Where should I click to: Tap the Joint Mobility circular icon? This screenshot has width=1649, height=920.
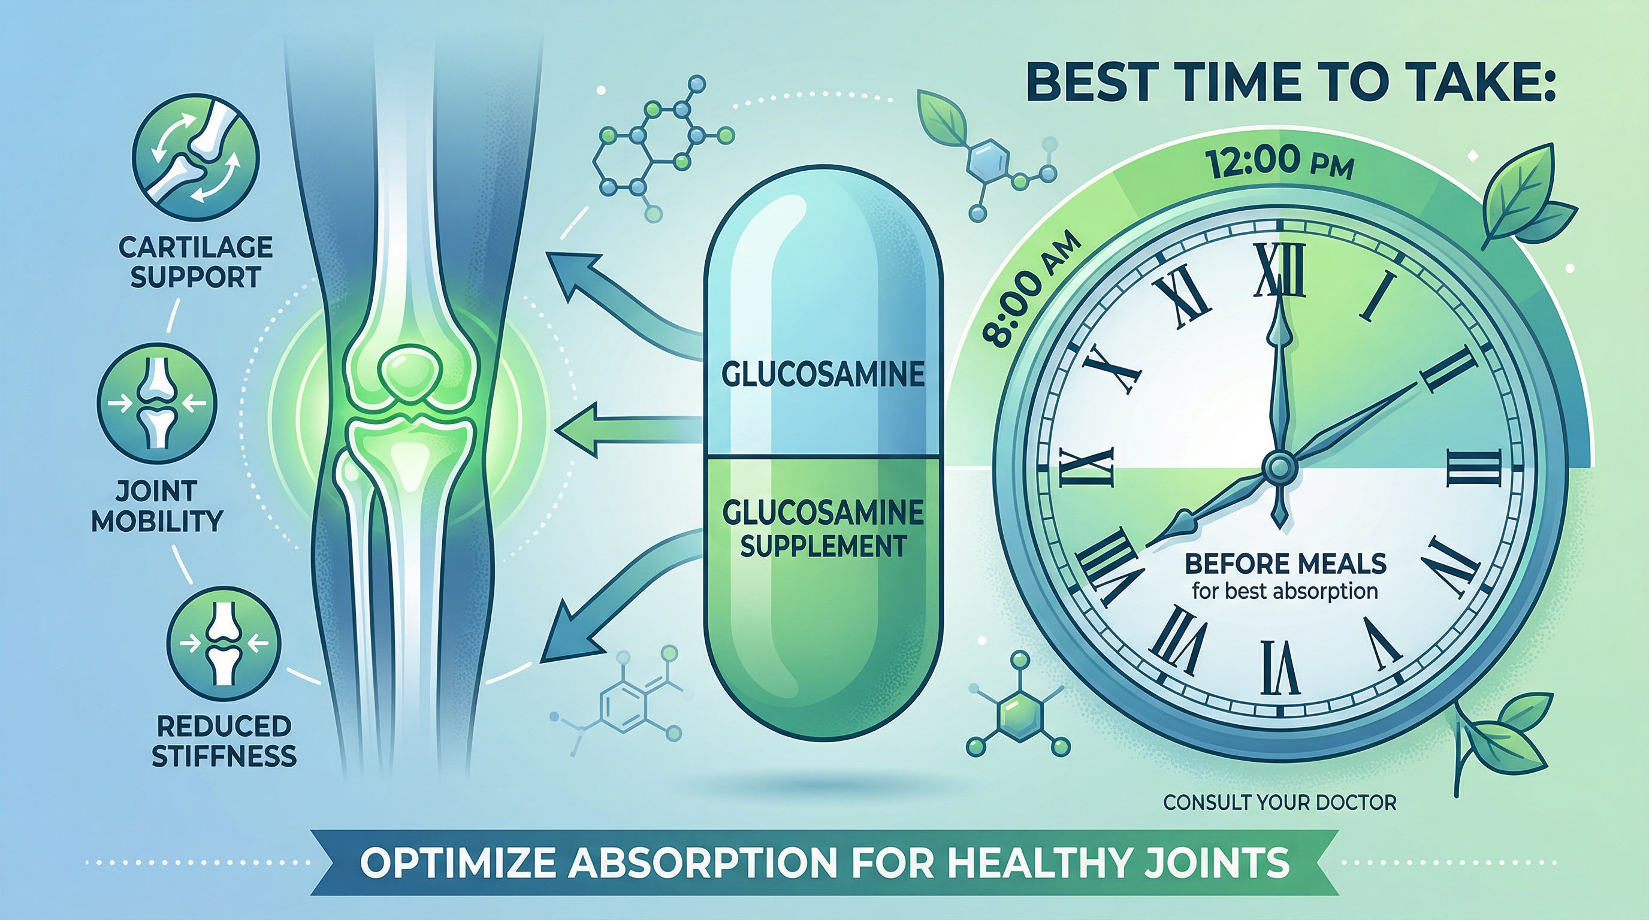[157, 404]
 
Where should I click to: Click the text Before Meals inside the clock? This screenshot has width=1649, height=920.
[1285, 564]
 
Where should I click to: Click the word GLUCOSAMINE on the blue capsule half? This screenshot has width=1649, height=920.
[823, 375]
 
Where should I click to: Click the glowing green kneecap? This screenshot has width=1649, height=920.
[406, 372]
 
